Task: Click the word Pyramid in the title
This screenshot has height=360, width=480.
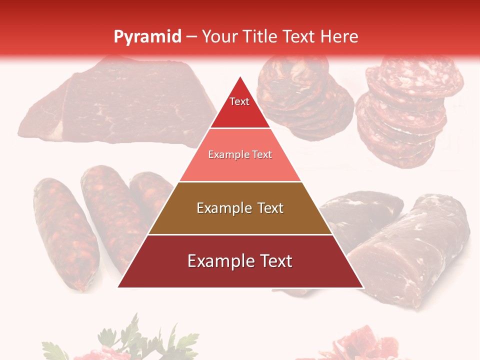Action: [x=147, y=36]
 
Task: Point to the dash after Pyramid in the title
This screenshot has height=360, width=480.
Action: [x=191, y=37]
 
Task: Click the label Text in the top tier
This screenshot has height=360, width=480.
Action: [x=239, y=101]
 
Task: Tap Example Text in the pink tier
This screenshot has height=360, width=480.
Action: [x=240, y=154]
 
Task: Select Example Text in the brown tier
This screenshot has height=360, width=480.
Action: [x=240, y=208]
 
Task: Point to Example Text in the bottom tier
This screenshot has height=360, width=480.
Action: [x=240, y=261]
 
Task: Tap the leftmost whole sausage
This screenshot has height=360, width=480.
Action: [x=65, y=232]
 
